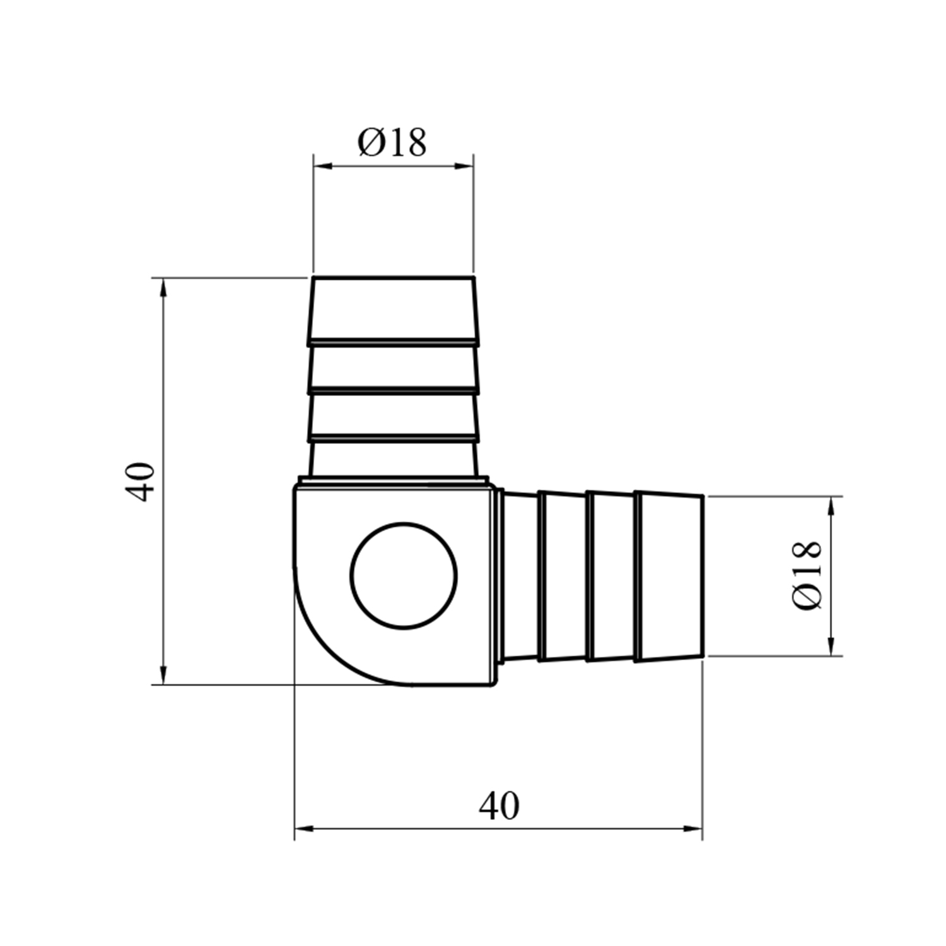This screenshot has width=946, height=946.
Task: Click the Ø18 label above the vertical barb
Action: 392,143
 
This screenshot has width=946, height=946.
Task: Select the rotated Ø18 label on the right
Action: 807,575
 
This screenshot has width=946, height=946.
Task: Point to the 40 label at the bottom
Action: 499,805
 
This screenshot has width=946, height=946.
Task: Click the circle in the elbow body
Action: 404,575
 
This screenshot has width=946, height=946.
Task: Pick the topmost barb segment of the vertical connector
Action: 392,310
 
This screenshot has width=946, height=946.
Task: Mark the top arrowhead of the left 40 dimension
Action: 163,287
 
